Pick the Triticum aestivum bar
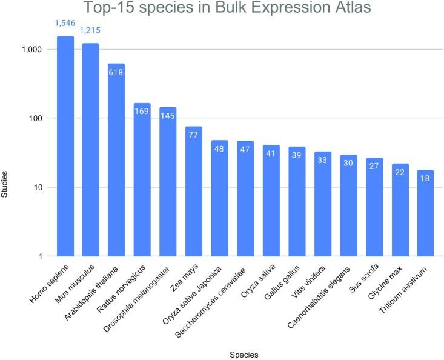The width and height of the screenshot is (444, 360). (x=425, y=213)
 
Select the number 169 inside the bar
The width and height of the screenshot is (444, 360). (x=142, y=112)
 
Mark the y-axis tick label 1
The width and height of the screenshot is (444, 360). (x=38, y=256)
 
